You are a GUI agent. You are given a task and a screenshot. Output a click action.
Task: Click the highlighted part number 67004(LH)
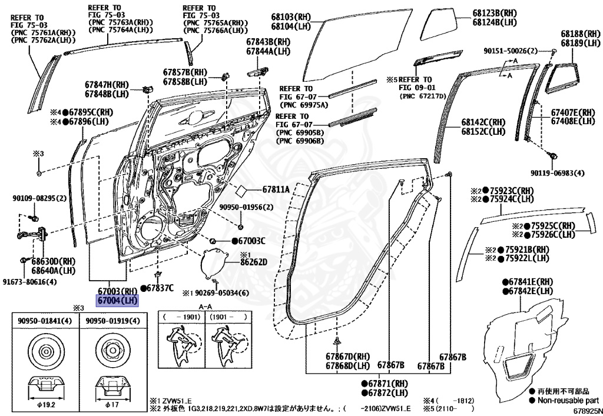click(x=118, y=301)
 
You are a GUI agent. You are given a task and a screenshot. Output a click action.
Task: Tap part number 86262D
click(x=254, y=262)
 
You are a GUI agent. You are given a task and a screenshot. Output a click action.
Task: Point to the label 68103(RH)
click(x=291, y=18)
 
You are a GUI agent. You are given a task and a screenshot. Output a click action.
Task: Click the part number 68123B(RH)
click(x=494, y=13)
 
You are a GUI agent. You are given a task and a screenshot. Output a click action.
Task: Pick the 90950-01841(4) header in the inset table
click(x=45, y=321)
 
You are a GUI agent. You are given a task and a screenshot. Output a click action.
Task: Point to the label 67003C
click(x=249, y=241)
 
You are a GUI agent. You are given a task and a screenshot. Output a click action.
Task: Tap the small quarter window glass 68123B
click(x=442, y=24)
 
